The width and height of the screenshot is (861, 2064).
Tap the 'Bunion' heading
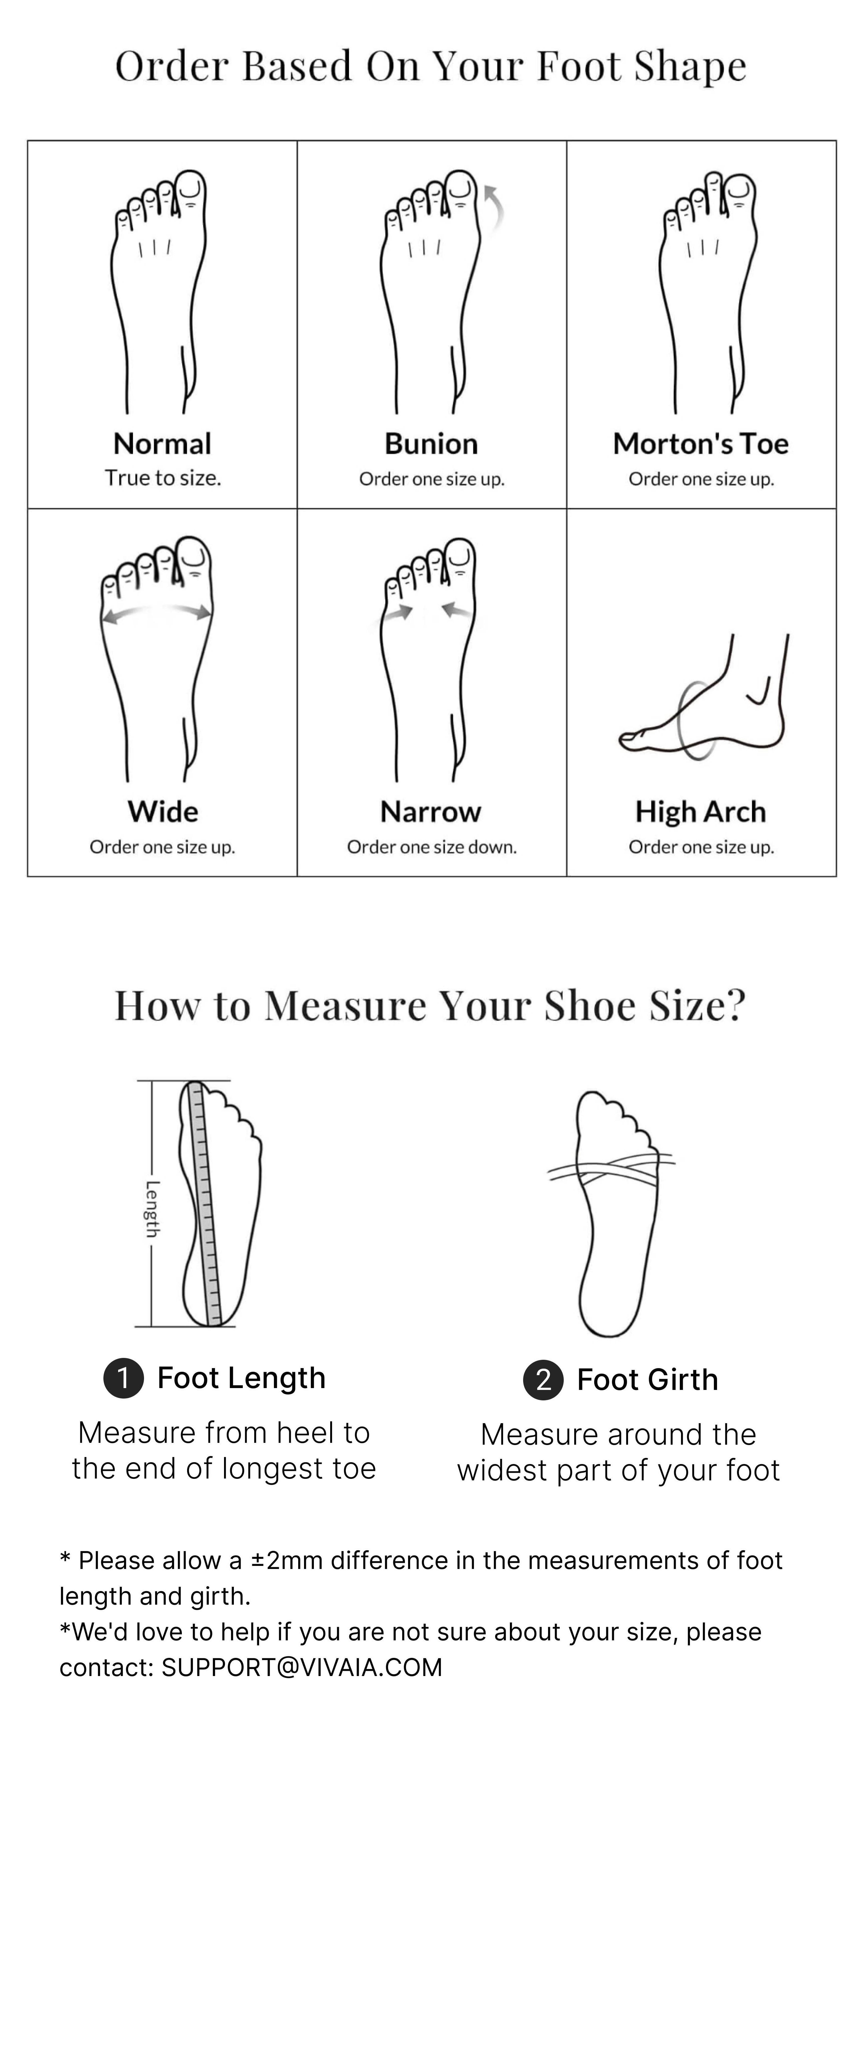[x=431, y=443]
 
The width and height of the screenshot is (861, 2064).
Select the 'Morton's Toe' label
[x=701, y=443]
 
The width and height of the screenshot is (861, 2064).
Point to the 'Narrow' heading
[x=431, y=811]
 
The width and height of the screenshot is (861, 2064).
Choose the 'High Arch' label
[x=701, y=811]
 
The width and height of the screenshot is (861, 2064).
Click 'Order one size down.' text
[x=431, y=847]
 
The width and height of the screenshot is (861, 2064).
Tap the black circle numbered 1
[x=123, y=1378]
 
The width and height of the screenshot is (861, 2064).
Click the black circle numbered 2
[x=543, y=1380]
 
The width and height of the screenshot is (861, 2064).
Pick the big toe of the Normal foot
[x=191, y=190]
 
